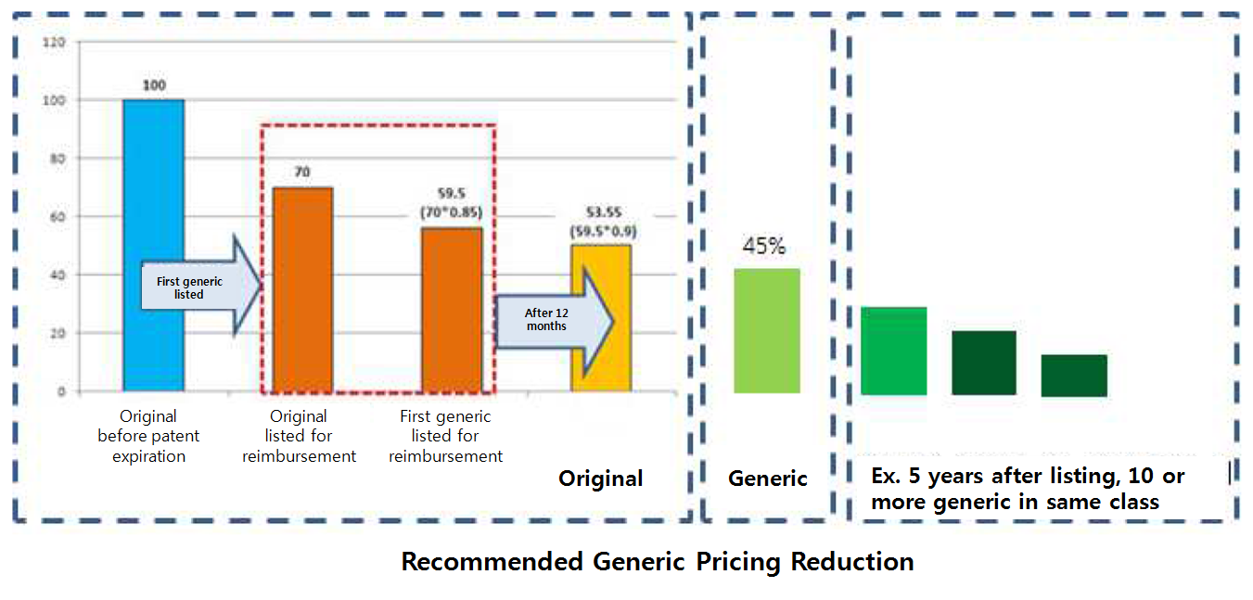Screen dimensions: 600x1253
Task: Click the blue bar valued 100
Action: (154, 245)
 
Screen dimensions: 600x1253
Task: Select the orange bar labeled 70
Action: (302, 288)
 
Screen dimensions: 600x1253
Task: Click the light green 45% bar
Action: (766, 330)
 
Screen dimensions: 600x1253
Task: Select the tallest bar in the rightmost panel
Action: (893, 351)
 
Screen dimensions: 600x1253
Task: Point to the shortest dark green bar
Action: (1074, 376)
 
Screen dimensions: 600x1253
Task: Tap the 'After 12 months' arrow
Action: (553, 320)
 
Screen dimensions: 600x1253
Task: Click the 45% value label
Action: (764, 247)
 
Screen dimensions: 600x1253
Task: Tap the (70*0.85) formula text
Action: (452, 212)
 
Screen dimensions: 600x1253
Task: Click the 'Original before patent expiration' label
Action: (148, 436)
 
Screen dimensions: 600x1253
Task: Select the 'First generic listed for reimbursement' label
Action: (445, 436)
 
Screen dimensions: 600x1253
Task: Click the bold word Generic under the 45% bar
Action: (768, 479)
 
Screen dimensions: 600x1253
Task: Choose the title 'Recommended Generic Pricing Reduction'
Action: (658, 562)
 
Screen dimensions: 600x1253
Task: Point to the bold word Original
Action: (600, 479)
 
